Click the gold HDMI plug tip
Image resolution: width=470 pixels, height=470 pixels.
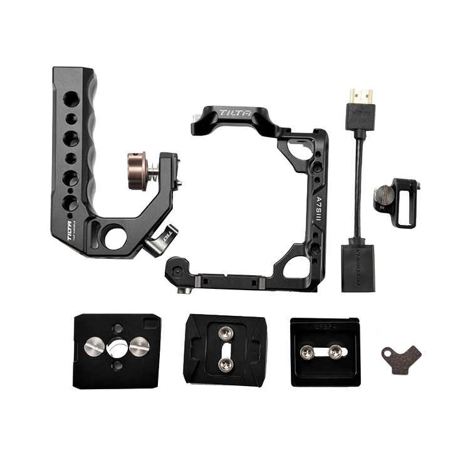coord(360,97)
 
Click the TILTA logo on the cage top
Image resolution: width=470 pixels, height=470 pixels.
coord(234,113)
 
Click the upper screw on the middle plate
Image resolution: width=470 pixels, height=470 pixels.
coord(225,334)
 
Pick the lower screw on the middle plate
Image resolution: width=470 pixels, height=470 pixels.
coord(225,362)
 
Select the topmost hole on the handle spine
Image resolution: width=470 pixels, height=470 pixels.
coord(71,98)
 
